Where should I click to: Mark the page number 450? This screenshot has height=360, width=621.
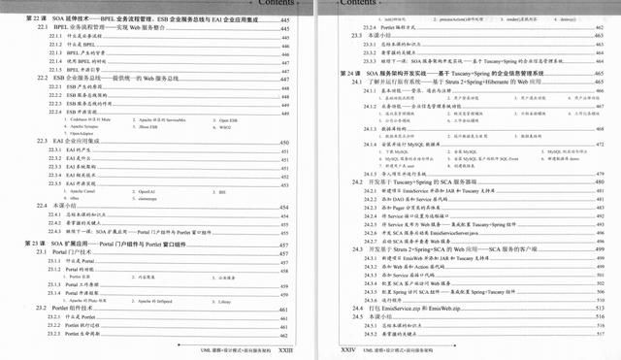(x=284, y=142)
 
